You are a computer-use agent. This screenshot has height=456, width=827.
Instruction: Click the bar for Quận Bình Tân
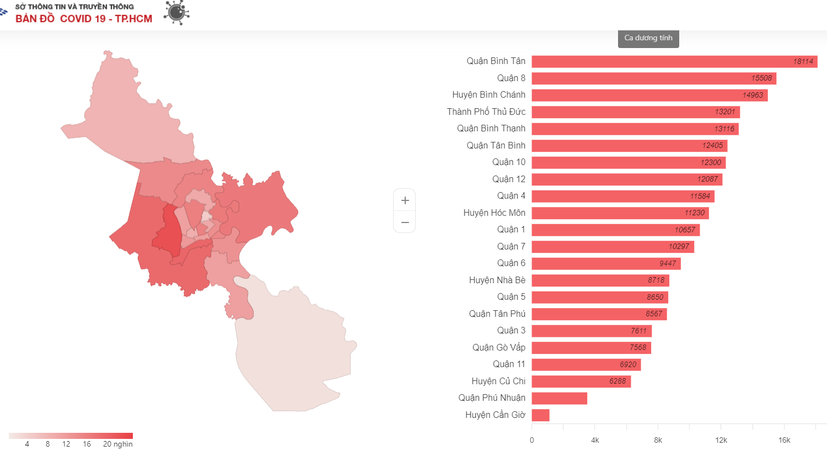(x=674, y=61)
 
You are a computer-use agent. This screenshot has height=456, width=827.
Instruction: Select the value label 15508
(x=761, y=78)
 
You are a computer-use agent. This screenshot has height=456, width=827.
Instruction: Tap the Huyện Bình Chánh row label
(x=488, y=95)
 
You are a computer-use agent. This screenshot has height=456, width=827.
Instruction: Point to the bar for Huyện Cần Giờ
(x=540, y=415)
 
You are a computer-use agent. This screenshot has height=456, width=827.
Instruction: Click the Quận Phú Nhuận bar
(x=559, y=398)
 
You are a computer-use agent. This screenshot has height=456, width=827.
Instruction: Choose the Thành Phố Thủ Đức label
(x=486, y=112)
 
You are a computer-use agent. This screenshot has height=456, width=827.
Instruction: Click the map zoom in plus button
(x=405, y=200)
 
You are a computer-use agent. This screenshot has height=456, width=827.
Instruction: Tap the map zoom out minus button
(x=405, y=222)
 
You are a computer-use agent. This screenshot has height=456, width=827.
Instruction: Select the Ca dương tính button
(x=648, y=38)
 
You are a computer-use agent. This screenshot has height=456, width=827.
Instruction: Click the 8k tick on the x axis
(x=658, y=440)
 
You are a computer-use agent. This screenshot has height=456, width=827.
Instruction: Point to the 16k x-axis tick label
(x=784, y=440)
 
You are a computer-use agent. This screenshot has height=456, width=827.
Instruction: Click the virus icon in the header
(x=176, y=13)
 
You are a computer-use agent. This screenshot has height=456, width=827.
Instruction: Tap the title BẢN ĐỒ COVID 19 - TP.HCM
(x=84, y=19)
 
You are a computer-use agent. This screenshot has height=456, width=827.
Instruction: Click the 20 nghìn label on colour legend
(x=118, y=444)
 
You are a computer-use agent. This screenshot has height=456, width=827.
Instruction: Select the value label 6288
(x=617, y=381)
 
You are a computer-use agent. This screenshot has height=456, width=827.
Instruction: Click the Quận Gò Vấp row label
(x=498, y=348)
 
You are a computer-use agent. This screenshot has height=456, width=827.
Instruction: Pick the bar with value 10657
(x=615, y=230)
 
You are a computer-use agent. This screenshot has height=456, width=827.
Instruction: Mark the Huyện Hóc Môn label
(x=494, y=213)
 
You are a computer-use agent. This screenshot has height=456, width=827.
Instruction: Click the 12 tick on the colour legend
(x=66, y=444)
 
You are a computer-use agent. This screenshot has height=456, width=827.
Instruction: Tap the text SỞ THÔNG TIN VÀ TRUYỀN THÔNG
(x=74, y=7)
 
